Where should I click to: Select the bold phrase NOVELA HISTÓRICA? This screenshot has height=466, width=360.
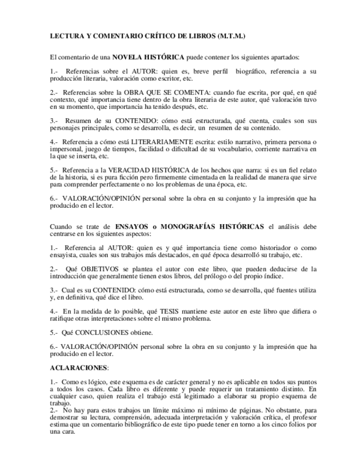[x=148, y=57]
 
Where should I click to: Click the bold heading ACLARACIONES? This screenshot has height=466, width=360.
[x=79, y=367]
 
